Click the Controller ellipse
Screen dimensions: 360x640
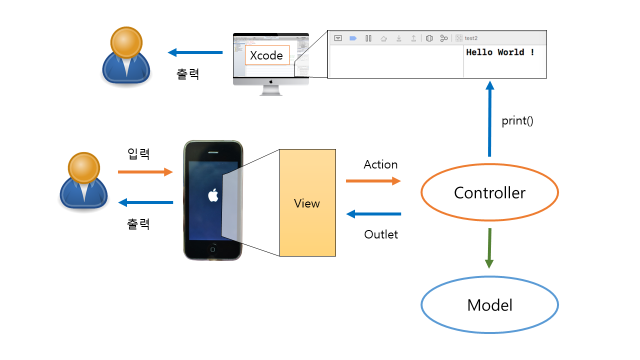point(489,192)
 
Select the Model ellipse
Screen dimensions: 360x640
point(489,305)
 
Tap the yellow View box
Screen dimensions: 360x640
point(307,203)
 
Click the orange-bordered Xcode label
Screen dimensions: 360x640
point(266,55)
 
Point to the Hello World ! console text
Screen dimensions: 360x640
point(500,52)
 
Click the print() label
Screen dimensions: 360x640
point(517,121)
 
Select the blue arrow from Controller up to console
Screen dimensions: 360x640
point(489,120)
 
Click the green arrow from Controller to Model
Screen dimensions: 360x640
point(489,248)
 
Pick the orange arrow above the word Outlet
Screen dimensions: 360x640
point(373,180)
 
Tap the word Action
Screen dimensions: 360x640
point(380,164)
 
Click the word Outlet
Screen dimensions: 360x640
point(381,234)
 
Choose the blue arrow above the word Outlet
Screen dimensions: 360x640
point(373,214)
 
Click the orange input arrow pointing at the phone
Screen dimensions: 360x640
point(145,172)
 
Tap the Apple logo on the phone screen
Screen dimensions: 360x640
point(213,195)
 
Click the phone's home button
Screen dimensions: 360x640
point(213,248)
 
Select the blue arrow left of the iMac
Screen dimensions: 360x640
point(195,52)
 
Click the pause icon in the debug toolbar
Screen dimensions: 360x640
point(368,38)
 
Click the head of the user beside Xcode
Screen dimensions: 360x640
point(125,42)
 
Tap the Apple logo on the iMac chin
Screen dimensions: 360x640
point(271,80)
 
